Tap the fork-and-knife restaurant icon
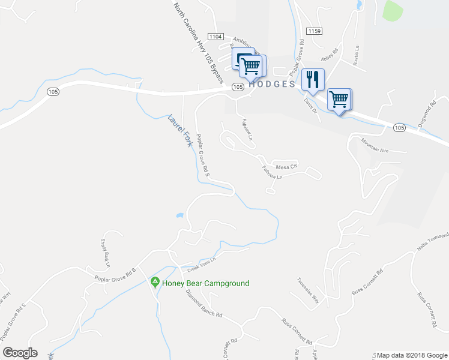312,79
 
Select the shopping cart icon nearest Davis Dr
340,99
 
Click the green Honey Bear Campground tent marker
154,282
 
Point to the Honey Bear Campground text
205,283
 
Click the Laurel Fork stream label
179,131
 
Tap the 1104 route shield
215,37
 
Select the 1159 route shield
313,31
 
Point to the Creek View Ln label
200,262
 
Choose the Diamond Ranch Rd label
203,305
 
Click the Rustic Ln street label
357,54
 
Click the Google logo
20,353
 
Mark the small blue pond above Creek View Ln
179,215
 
